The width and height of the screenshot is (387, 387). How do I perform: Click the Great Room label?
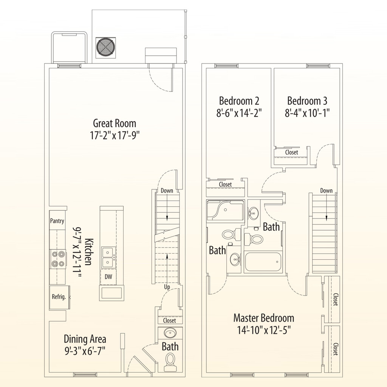tap(115, 123)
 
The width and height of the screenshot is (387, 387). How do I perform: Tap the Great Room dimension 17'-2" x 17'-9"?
tap(115, 135)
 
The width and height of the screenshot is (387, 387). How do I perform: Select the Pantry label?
tap(57, 221)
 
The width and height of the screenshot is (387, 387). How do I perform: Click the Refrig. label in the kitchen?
tap(59, 297)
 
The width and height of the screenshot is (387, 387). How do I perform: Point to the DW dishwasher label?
tap(108, 277)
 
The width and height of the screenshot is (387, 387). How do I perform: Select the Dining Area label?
tap(85, 339)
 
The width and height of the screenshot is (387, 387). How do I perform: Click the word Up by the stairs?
tap(167, 287)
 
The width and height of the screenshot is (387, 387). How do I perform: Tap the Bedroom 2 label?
tap(239, 101)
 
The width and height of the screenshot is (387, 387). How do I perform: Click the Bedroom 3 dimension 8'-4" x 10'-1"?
tap(307, 113)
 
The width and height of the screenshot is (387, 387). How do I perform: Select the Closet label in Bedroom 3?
tap(291, 152)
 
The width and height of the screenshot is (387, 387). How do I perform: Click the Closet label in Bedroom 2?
tap(225, 184)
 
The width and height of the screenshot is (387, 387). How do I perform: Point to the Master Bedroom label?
tap(263, 317)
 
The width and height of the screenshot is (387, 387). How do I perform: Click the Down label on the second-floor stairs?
tap(326, 191)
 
